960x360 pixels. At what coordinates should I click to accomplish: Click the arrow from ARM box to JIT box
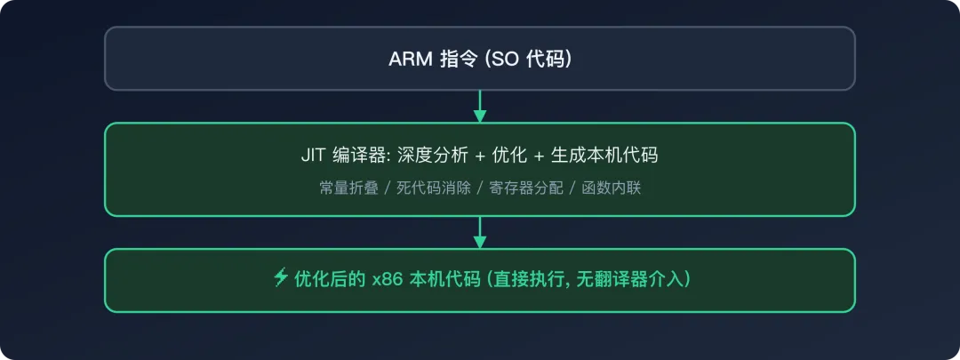pyautogui.click(x=480, y=106)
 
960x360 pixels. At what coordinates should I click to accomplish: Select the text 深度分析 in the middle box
pyautogui.click(x=434, y=155)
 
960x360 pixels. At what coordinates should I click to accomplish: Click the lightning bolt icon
pyautogui.click(x=280, y=279)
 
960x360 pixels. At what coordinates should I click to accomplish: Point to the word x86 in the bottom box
pyautogui.click(x=385, y=280)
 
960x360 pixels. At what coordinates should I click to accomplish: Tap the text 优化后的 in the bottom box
pyautogui.click(x=331, y=280)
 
